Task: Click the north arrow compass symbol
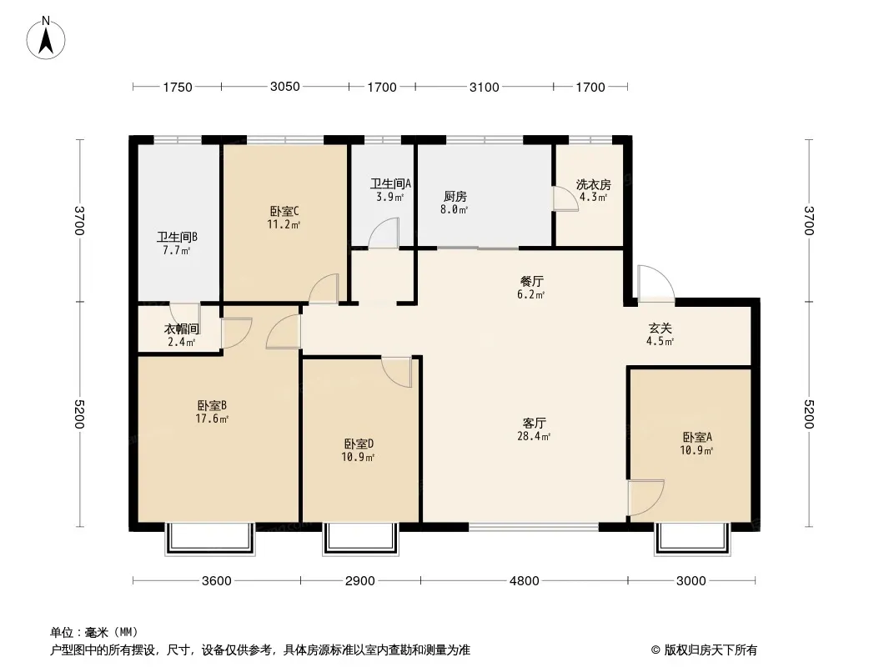click(x=46, y=38)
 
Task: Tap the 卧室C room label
click(x=284, y=212)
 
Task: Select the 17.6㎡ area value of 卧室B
click(x=212, y=419)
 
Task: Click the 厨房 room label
click(x=455, y=197)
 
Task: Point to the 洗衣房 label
click(x=594, y=185)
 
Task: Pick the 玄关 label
click(x=660, y=328)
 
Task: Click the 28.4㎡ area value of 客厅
click(x=534, y=436)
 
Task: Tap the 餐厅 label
click(x=532, y=281)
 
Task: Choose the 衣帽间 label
click(x=182, y=328)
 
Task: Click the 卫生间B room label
click(x=178, y=238)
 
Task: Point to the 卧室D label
click(x=359, y=444)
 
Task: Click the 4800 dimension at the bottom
click(x=525, y=581)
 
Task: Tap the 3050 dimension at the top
click(x=284, y=87)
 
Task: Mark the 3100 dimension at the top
click(x=485, y=88)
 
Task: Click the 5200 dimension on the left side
click(x=78, y=414)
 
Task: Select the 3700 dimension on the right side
click(x=808, y=220)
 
